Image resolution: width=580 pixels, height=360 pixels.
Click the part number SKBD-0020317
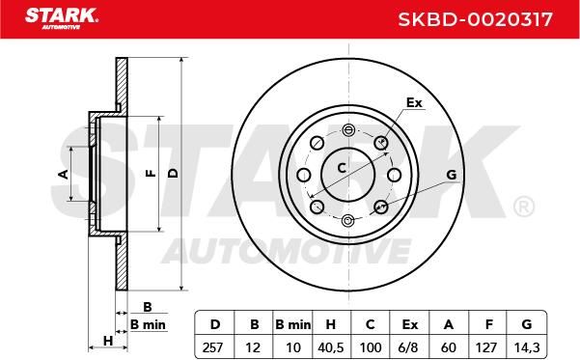[476, 19]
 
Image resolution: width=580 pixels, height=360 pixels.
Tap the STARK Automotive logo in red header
[62, 18]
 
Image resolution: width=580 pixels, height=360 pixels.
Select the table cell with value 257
[213, 347]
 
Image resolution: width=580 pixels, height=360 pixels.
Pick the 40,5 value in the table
[331, 347]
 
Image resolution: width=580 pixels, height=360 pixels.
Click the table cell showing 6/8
[409, 347]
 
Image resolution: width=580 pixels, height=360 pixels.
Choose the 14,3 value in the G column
[527, 347]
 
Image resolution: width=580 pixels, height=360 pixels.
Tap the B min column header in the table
[293, 324]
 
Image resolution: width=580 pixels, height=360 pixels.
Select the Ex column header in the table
[409, 324]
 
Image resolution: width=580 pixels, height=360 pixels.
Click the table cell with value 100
[371, 347]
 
